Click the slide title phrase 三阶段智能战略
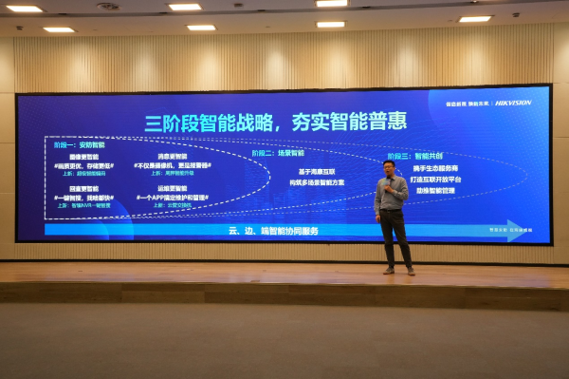(x=208, y=123)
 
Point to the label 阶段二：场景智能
(x=278, y=152)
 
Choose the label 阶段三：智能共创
(x=414, y=155)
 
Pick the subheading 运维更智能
(x=173, y=189)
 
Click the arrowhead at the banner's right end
(x=514, y=230)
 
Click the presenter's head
(x=389, y=168)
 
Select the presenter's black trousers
(x=395, y=237)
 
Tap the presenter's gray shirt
(x=392, y=195)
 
